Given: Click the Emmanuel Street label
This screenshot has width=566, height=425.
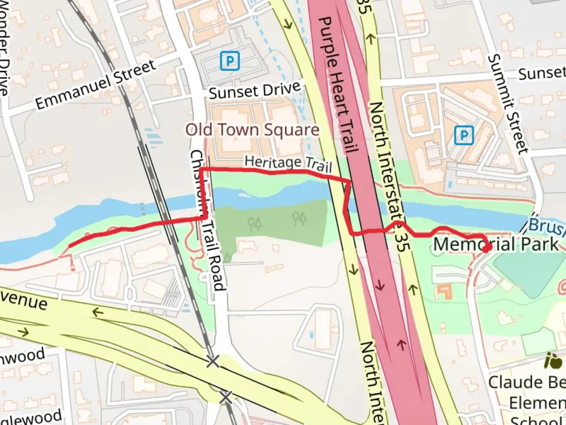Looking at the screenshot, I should click(x=96, y=84).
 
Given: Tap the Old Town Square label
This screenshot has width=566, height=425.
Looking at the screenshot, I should click(x=252, y=130).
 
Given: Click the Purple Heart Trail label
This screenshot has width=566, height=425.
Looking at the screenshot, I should click(x=338, y=85).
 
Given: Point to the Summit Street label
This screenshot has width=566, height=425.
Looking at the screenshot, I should click(x=507, y=104).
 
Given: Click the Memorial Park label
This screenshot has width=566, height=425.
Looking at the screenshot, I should click(x=496, y=244).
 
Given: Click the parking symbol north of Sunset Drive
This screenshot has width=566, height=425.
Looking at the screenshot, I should click(x=230, y=61).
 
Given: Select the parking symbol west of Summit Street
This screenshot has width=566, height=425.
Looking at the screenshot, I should click(x=464, y=135).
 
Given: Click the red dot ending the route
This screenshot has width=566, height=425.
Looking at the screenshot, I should click(x=486, y=248).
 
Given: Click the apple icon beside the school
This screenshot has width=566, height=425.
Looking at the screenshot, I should click(x=553, y=361).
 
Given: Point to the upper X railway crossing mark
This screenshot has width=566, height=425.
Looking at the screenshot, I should click(x=213, y=361).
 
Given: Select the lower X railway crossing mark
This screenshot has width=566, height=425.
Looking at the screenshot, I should click(x=225, y=397).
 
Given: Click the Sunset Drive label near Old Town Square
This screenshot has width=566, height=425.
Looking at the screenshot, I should click(x=254, y=91).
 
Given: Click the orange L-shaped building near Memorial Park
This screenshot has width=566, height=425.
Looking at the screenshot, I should click(x=444, y=292).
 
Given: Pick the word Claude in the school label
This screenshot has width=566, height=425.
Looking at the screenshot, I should click(x=509, y=382).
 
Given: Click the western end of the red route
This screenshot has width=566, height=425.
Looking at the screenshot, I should click(x=70, y=246).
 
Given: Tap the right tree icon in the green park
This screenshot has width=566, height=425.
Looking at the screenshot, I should click(x=299, y=218).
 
